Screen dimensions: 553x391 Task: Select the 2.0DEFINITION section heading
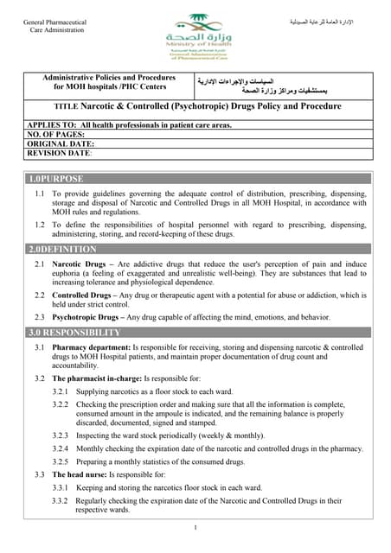[x=63, y=249]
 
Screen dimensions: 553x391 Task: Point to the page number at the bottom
[x=195, y=527]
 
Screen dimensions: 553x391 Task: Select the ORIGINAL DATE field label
[x=63, y=144]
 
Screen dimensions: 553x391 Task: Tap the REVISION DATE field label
[x=60, y=153]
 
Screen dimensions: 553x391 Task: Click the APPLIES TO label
[x=51, y=125]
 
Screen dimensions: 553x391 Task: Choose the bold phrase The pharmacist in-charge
[x=96, y=378]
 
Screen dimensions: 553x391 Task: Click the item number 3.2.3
[x=60, y=436]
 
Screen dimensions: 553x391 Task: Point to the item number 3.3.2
[x=60, y=500]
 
